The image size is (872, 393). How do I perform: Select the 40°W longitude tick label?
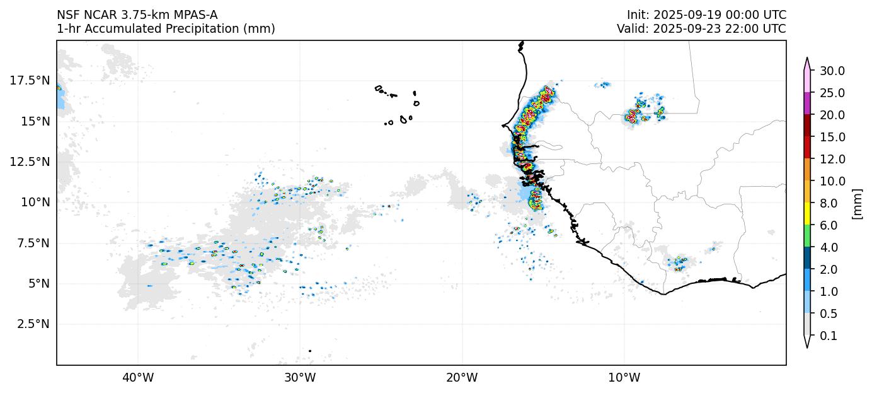138,378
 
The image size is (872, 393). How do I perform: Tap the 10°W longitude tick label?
624,378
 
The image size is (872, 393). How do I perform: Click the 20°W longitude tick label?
462,378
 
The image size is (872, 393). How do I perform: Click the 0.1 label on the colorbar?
829,336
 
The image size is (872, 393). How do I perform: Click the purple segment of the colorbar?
806,103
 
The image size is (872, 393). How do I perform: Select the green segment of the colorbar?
806,237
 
